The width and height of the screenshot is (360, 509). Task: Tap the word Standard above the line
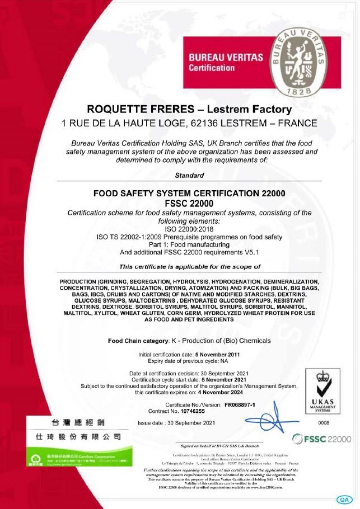click(190, 175)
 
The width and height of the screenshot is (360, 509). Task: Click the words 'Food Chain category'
click(138, 341)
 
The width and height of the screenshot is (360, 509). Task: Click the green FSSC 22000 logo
click(322, 439)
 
